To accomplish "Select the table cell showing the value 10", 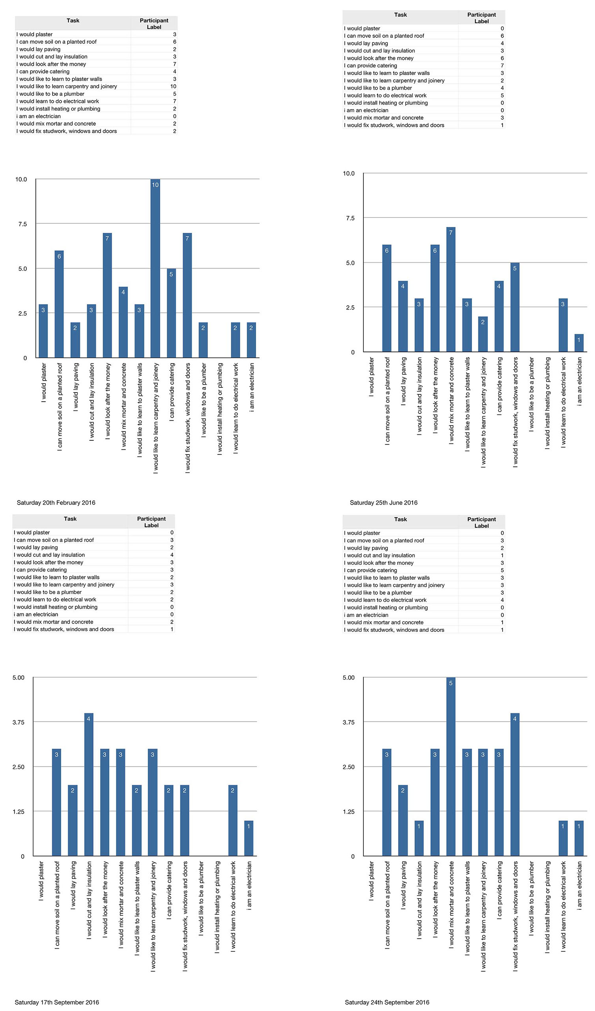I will [x=173, y=86].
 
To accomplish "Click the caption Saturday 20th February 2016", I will [x=56, y=503].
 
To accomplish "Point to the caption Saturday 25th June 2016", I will [x=383, y=503].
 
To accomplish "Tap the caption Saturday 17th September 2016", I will [x=56, y=1002].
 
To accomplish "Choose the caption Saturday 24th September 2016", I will [x=387, y=1002].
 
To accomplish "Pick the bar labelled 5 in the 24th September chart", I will [x=451, y=767].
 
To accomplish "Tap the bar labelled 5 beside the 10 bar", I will [x=171, y=313].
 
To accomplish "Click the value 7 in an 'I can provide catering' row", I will [x=502, y=66].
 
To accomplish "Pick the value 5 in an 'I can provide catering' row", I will [x=502, y=570].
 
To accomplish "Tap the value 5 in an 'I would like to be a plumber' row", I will [x=174, y=94].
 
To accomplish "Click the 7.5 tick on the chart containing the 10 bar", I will [x=22, y=224].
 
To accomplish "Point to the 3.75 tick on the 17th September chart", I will [x=19, y=722].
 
